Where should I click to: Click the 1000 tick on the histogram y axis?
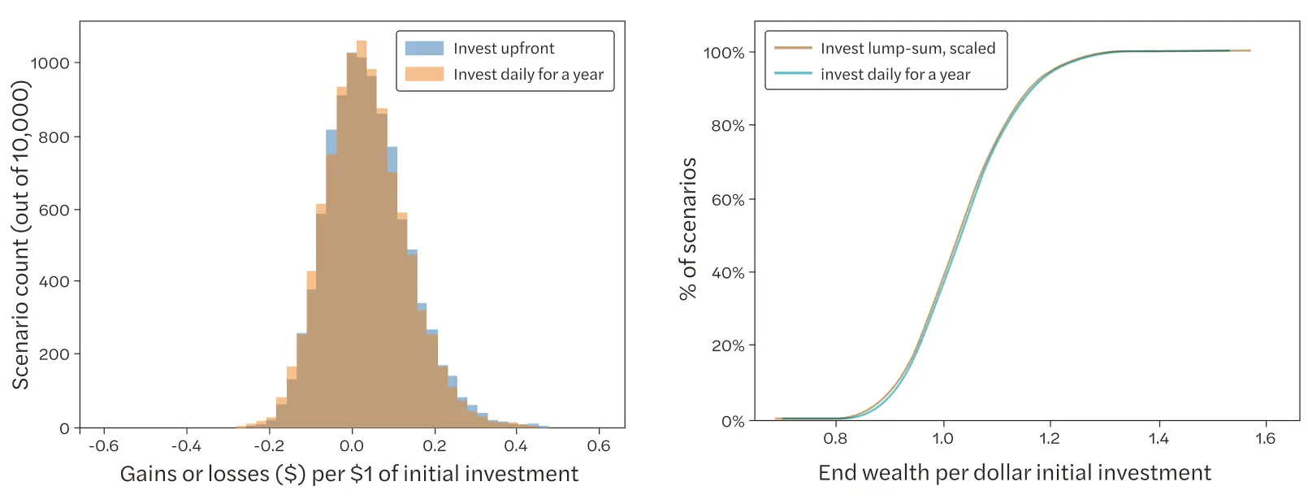tap(50, 63)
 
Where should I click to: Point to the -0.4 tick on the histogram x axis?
tap(186, 446)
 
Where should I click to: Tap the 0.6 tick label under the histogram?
tap(599, 446)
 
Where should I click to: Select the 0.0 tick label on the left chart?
tap(352, 446)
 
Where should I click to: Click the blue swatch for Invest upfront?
tap(424, 49)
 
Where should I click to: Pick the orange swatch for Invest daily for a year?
tap(424, 74)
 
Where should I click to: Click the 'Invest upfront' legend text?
tap(504, 49)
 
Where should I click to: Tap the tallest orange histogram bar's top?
tap(362, 41)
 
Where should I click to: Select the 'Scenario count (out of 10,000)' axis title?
tap(20, 235)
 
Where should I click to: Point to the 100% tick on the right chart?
tap(724, 53)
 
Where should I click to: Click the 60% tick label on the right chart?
tap(728, 200)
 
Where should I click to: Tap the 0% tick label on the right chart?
tap(733, 422)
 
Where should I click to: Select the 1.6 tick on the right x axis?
tap(1265, 439)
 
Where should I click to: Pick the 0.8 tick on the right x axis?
tap(835, 439)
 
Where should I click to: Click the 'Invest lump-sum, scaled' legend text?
tap(907, 49)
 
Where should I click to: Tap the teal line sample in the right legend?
tap(793, 74)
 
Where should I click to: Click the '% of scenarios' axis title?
tap(688, 229)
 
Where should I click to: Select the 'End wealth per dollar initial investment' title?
tap(1014, 473)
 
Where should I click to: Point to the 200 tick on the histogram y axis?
tap(54, 354)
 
